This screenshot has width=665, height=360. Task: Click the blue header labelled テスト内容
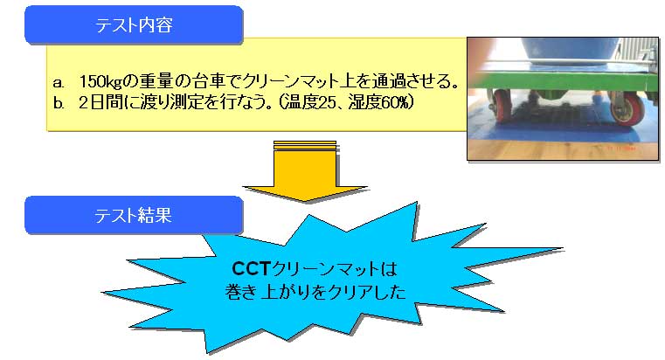pyautogui.click(x=134, y=24)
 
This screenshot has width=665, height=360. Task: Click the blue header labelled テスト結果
pyautogui.click(x=134, y=215)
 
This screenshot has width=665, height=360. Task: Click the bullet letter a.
pyautogui.click(x=59, y=83)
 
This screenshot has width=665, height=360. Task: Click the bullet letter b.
pyautogui.click(x=59, y=103)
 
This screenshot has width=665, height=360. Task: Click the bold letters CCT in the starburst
pyautogui.click(x=252, y=268)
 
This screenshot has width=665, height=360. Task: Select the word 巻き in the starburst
pyautogui.click(x=240, y=292)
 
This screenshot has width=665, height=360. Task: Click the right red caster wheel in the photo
pyautogui.click(x=627, y=110)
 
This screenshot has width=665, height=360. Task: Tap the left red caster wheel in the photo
pyautogui.click(x=503, y=106)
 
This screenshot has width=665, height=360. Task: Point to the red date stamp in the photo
pyautogui.click(x=621, y=149)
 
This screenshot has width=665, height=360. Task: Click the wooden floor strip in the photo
pyautogui.click(x=564, y=149)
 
